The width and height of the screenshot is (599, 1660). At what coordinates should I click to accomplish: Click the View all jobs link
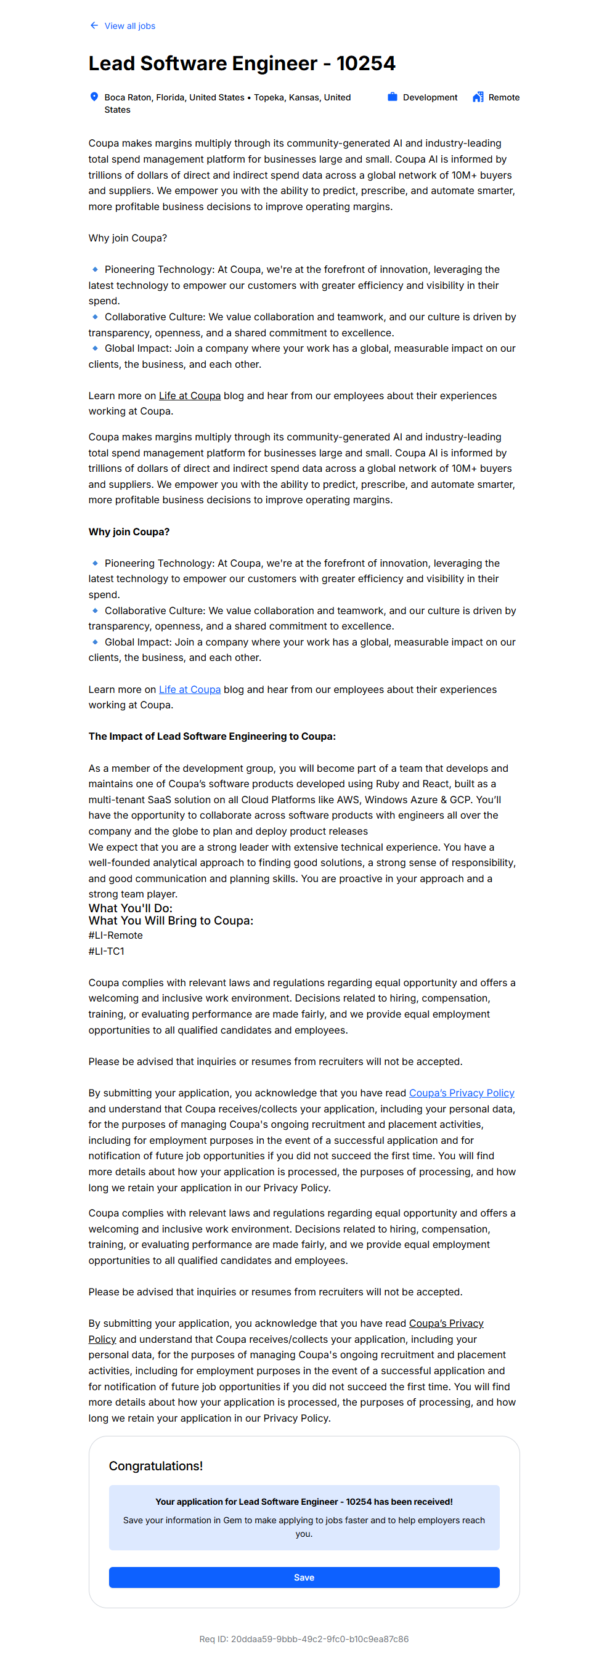(x=129, y=26)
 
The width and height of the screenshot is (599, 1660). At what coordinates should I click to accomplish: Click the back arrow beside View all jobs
(x=94, y=26)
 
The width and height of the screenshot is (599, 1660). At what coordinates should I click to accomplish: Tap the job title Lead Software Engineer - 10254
(x=242, y=63)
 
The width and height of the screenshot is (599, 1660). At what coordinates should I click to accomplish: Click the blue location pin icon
(x=94, y=97)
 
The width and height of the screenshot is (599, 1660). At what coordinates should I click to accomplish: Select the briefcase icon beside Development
(x=392, y=97)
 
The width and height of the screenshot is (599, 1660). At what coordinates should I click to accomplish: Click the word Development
(x=430, y=97)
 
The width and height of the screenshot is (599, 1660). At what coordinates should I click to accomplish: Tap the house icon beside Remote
(x=478, y=97)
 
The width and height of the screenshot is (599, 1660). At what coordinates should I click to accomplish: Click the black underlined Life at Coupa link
(x=190, y=395)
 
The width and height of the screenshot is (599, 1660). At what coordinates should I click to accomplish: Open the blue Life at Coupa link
(x=190, y=689)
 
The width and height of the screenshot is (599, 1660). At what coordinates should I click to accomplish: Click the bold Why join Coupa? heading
(x=129, y=532)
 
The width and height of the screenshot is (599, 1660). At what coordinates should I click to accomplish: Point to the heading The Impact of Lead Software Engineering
(x=211, y=737)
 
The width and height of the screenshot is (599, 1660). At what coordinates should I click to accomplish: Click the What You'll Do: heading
(x=130, y=908)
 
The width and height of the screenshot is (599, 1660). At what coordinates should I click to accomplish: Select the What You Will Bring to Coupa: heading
(x=171, y=921)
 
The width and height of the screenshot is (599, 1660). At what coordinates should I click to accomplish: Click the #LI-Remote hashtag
(x=115, y=935)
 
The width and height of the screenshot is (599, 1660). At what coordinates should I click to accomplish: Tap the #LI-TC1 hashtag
(x=107, y=951)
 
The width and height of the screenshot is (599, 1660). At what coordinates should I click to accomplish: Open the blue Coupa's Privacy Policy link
(x=461, y=1093)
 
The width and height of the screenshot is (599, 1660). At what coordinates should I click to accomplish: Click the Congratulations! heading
(x=155, y=1466)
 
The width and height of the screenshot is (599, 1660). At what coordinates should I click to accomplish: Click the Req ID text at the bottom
(x=304, y=1638)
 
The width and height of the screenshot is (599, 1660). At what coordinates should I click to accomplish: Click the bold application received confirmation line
(x=304, y=1502)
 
